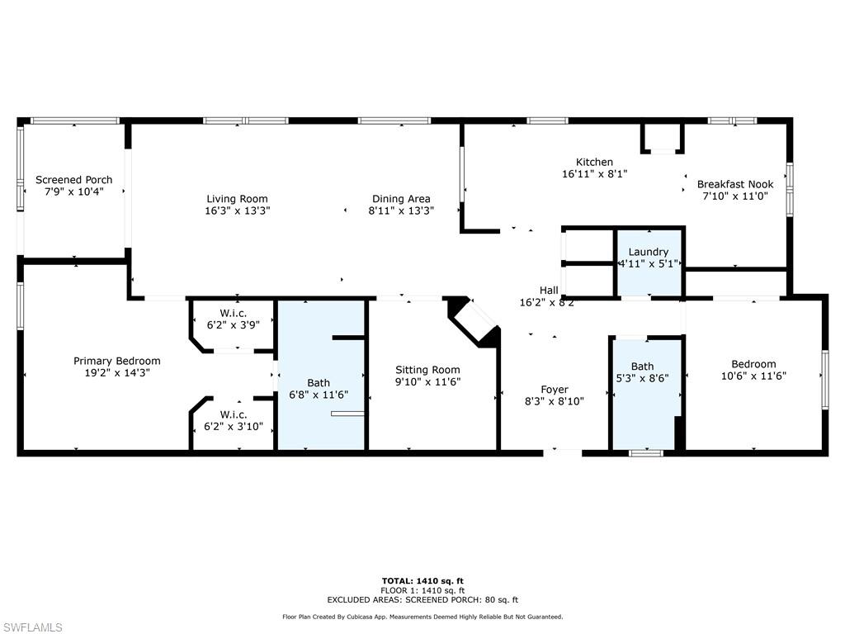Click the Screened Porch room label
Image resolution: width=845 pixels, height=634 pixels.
pos(73,179)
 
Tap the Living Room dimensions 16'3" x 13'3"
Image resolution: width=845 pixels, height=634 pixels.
pos(237,211)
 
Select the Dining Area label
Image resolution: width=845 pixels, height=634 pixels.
pos(401,199)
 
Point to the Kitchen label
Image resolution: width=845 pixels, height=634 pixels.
pos(594,162)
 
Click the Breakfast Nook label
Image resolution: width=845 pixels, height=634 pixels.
pos(735,184)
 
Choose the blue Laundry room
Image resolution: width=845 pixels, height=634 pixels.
pos(649,263)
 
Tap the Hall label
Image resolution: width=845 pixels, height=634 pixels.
pos(549,290)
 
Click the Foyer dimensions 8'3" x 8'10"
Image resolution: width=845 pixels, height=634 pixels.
pos(554,402)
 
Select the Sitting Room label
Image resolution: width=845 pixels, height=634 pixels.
pos(427,370)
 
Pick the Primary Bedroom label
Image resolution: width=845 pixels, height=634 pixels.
pos(117,362)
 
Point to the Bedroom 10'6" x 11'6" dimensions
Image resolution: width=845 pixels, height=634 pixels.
pos(753,376)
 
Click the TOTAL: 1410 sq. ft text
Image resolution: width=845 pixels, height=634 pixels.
pos(422,580)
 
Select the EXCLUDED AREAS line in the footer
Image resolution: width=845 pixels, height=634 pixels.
pos(422,599)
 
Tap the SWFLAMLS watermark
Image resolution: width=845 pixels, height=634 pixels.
pos(31,627)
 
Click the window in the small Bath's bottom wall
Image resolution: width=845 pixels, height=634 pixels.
pos(647,453)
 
